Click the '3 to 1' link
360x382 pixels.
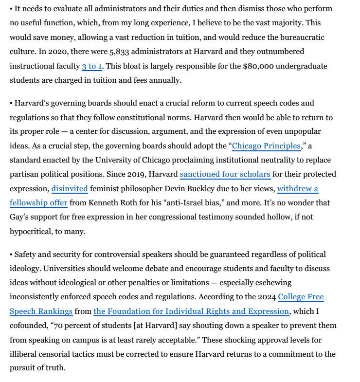pyautogui.click(x=92, y=66)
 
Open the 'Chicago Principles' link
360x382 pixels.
pyautogui.click(x=266, y=146)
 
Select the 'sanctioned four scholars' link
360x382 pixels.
pyautogui.click(x=225, y=174)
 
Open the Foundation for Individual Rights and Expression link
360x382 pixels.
pyautogui.click(x=191, y=311)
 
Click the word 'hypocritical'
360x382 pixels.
pyautogui.click(x=33, y=232)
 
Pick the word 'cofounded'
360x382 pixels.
pyautogui.click(x=29, y=325)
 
